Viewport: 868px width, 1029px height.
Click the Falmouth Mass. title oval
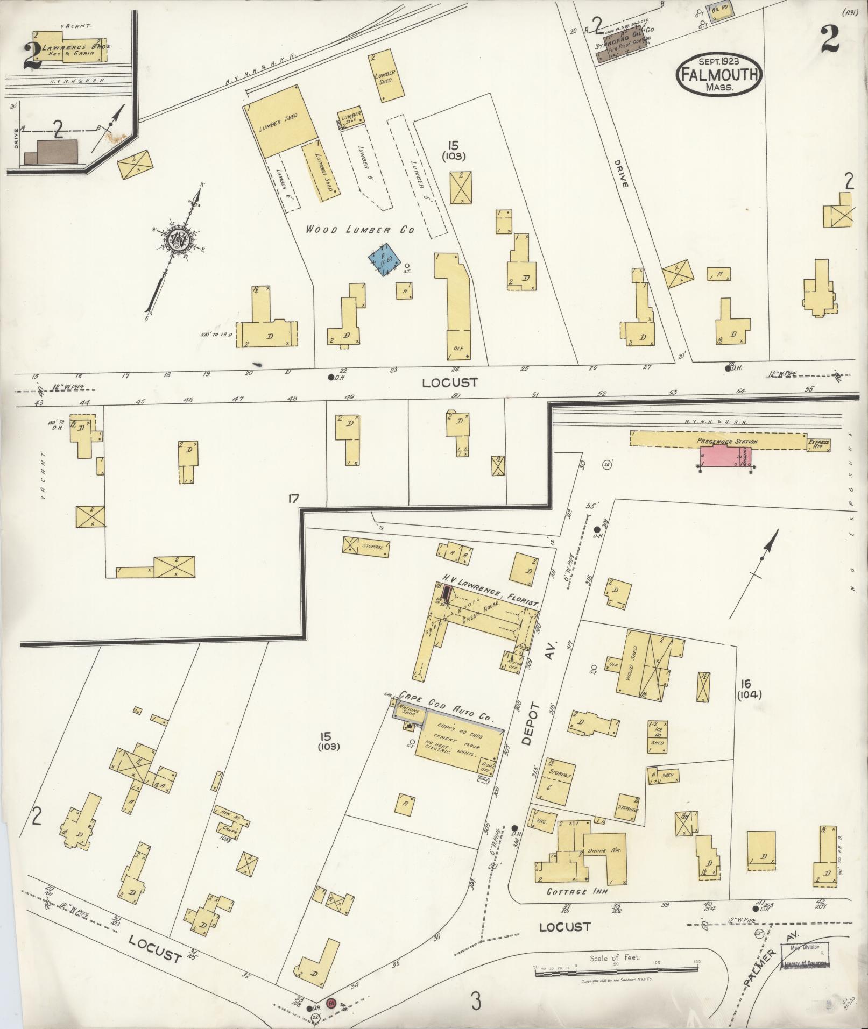tap(718, 75)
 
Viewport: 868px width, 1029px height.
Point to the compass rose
tap(177, 240)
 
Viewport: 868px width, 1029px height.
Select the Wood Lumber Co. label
tap(360, 230)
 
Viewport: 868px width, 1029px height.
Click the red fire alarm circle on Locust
tap(332, 1003)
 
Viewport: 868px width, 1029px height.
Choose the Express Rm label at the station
tap(818, 444)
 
